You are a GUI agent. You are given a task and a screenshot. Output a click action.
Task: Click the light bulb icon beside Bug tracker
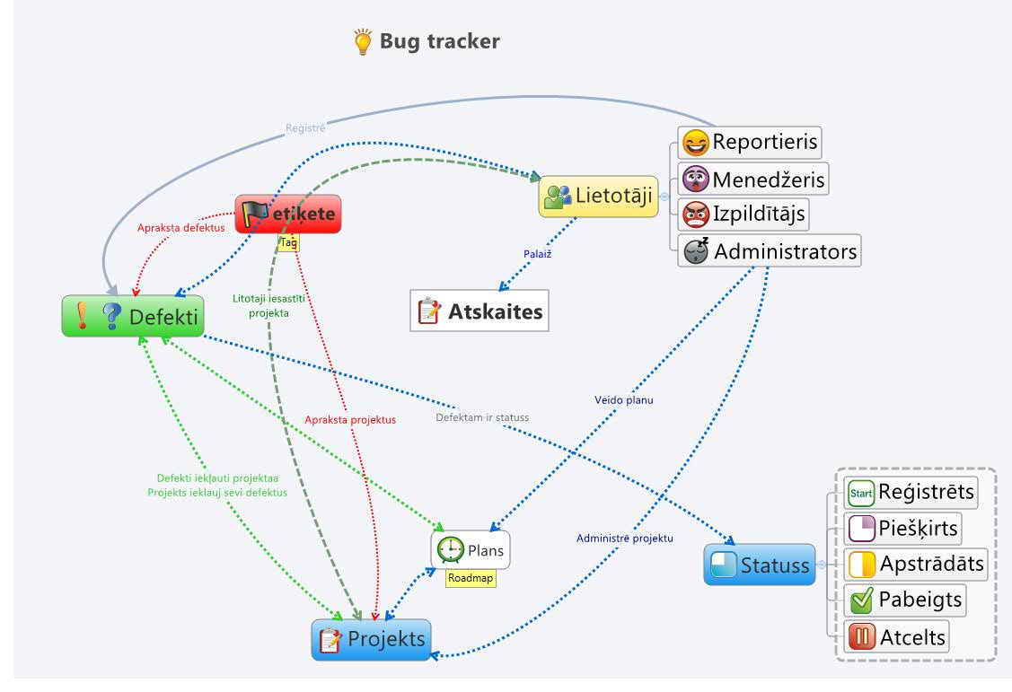tap(363, 42)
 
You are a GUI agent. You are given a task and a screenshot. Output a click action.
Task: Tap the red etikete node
tap(288, 215)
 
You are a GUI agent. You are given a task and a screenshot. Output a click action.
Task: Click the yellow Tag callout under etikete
tap(288, 242)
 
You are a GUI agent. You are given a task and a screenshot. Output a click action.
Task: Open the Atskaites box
tap(480, 311)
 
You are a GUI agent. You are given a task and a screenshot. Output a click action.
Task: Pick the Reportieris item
tap(750, 143)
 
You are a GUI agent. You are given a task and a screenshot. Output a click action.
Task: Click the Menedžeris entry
tap(752, 180)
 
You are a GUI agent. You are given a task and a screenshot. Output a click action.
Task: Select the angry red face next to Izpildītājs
tap(695, 215)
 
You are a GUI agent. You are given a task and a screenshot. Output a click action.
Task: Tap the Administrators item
tap(770, 251)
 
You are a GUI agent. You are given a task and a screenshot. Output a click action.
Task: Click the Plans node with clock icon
tap(471, 549)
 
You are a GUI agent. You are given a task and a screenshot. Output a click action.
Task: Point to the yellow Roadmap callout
tap(471, 579)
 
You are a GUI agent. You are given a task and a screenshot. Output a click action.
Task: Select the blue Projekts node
tap(371, 640)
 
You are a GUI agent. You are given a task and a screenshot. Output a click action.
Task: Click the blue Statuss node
tap(760, 565)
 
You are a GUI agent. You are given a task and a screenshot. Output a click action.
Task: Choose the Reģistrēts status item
tap(910, 493)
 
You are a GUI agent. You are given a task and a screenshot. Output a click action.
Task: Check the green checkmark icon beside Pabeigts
tap(862, 600)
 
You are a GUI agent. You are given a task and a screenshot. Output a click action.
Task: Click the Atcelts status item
tap(897, 637)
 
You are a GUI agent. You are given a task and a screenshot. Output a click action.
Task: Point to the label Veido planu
tap(624, 400)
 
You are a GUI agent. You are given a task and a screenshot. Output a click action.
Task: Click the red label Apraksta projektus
tap(350, 419)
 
